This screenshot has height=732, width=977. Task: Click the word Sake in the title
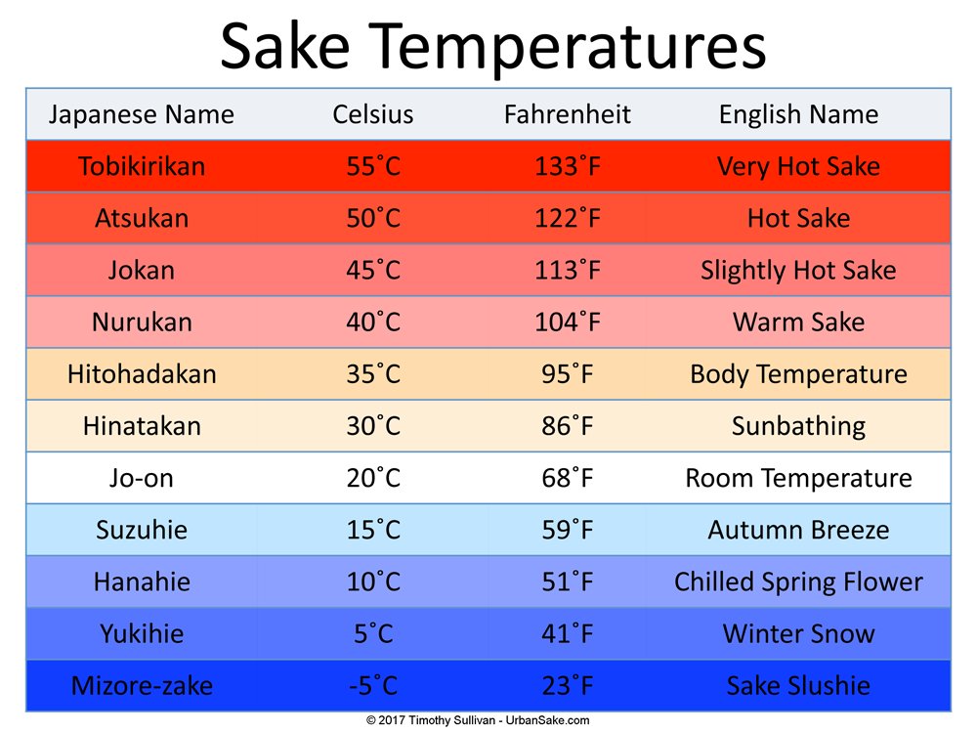click(290, 46)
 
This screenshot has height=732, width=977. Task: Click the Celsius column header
click(373, 114)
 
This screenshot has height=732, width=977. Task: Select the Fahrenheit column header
click(568, 114)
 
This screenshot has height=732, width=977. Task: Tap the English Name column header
click(798, 114)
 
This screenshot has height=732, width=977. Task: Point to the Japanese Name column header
click(142, 114)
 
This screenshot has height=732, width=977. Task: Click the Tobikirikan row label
click(142, 166)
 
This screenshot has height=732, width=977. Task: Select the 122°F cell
click(568, 218)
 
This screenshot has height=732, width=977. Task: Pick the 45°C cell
click(373, 270)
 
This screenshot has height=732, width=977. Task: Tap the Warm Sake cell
click(798, 322)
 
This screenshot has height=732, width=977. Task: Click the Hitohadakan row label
click(142, 373)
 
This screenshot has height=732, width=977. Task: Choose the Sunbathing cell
click(798, 426)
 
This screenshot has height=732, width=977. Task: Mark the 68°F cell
click(568, 478)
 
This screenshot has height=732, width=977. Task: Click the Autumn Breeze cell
click(798, 530)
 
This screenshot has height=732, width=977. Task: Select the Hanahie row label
click(142, 581)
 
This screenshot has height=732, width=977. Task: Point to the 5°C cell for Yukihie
click(373, 633)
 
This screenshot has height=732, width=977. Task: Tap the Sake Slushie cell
click(798, 685)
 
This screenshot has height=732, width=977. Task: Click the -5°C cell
click(373, 685)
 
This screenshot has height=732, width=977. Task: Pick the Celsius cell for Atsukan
click(373, 218)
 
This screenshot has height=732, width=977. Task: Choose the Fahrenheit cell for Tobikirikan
click(568, 166)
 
